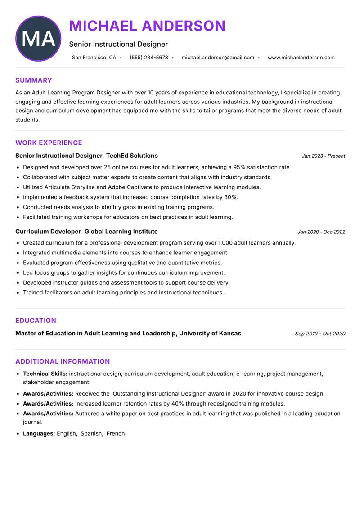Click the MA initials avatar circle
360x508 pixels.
pos(38,39)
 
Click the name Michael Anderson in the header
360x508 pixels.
pos(147,26)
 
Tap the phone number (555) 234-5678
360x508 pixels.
pos(148,58)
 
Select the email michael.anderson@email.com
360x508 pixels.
pos(218,58)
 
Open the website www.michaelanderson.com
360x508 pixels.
pos(301,58)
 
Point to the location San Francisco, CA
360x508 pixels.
pos(94,58)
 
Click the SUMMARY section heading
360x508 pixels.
pos(34,80)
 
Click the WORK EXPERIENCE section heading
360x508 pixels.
pos(49,143)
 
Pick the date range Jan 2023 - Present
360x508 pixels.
pos(323,156)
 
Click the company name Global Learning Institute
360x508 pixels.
pos(121,232)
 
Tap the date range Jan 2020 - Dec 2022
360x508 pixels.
pos(321,232)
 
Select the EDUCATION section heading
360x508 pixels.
pos(36,321)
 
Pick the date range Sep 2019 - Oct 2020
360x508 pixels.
pos(319,334)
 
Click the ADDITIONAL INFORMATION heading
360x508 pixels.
pos(63,361)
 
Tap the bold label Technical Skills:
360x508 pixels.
pos(45,374)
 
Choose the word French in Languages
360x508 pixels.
pos(116,434)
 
